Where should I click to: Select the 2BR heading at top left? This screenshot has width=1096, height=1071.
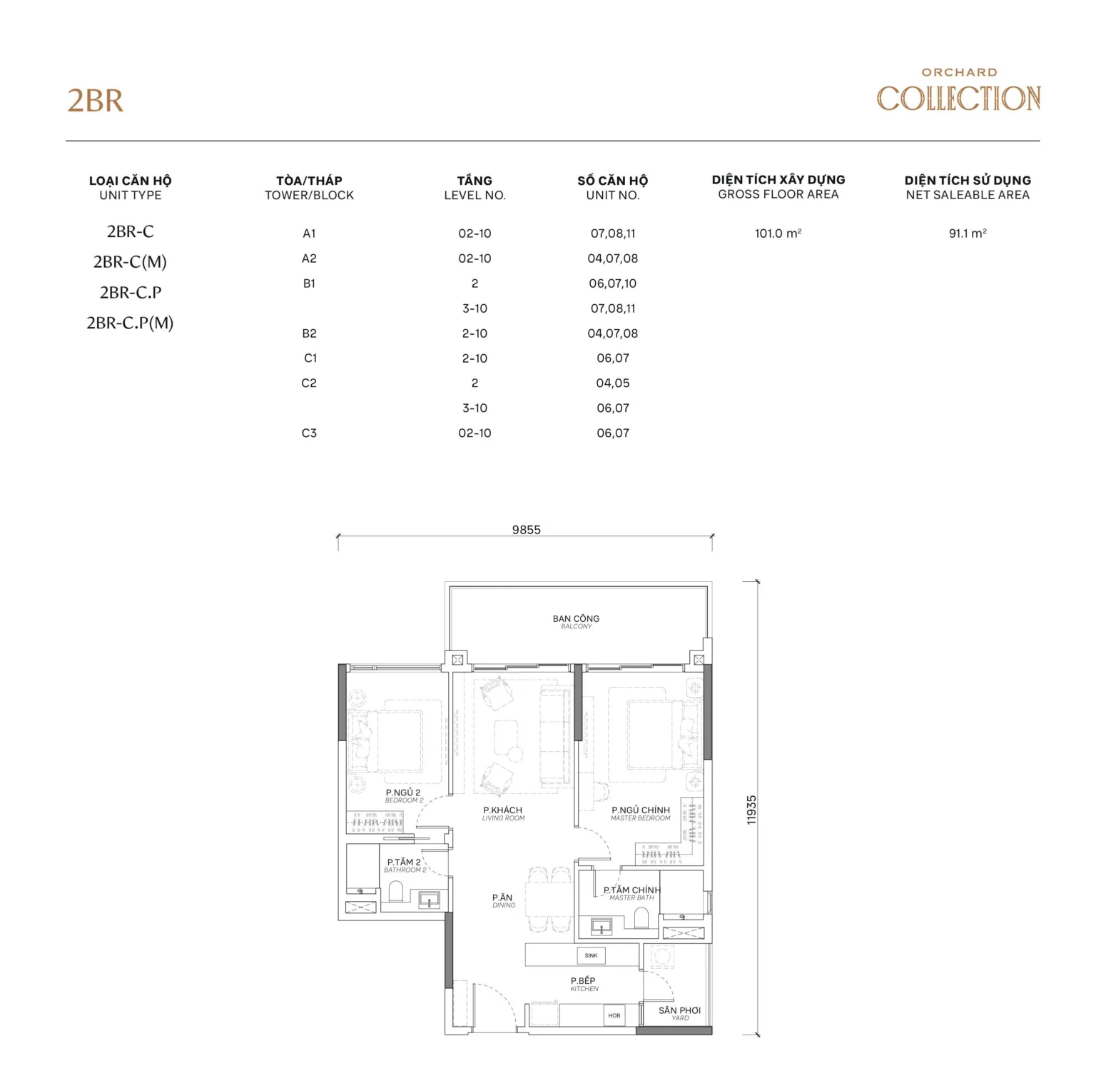[95, 101]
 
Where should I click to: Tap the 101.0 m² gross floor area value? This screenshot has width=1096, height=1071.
[778, 233]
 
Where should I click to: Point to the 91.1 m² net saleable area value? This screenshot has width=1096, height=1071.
[968, 233]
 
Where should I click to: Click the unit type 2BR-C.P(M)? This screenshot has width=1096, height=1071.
[130, 323]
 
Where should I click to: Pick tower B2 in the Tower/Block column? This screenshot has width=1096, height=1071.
[309, 333]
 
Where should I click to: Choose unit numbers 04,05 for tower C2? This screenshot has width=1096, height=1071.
[613, 383]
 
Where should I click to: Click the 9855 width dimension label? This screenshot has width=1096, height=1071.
[526, 530]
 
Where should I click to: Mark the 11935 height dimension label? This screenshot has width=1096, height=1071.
[751, 810]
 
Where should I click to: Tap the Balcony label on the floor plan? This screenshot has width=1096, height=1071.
[576, 622]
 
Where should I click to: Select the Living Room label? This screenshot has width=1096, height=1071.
[503, 814]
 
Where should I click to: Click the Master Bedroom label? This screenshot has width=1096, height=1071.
[641, 814]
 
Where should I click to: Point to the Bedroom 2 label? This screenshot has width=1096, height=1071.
[403, 796]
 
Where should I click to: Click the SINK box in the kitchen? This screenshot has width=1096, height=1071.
[591, 955]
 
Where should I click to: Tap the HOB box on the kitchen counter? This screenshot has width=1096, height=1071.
[614, 1015]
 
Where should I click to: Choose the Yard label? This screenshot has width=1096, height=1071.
[680, 1014]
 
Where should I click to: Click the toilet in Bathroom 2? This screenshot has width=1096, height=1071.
[396, 891]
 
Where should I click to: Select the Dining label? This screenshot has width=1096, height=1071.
[503, 901]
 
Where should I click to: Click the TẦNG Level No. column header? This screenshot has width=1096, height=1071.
[475, 188]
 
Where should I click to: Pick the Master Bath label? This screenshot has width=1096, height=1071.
[631, 893]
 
